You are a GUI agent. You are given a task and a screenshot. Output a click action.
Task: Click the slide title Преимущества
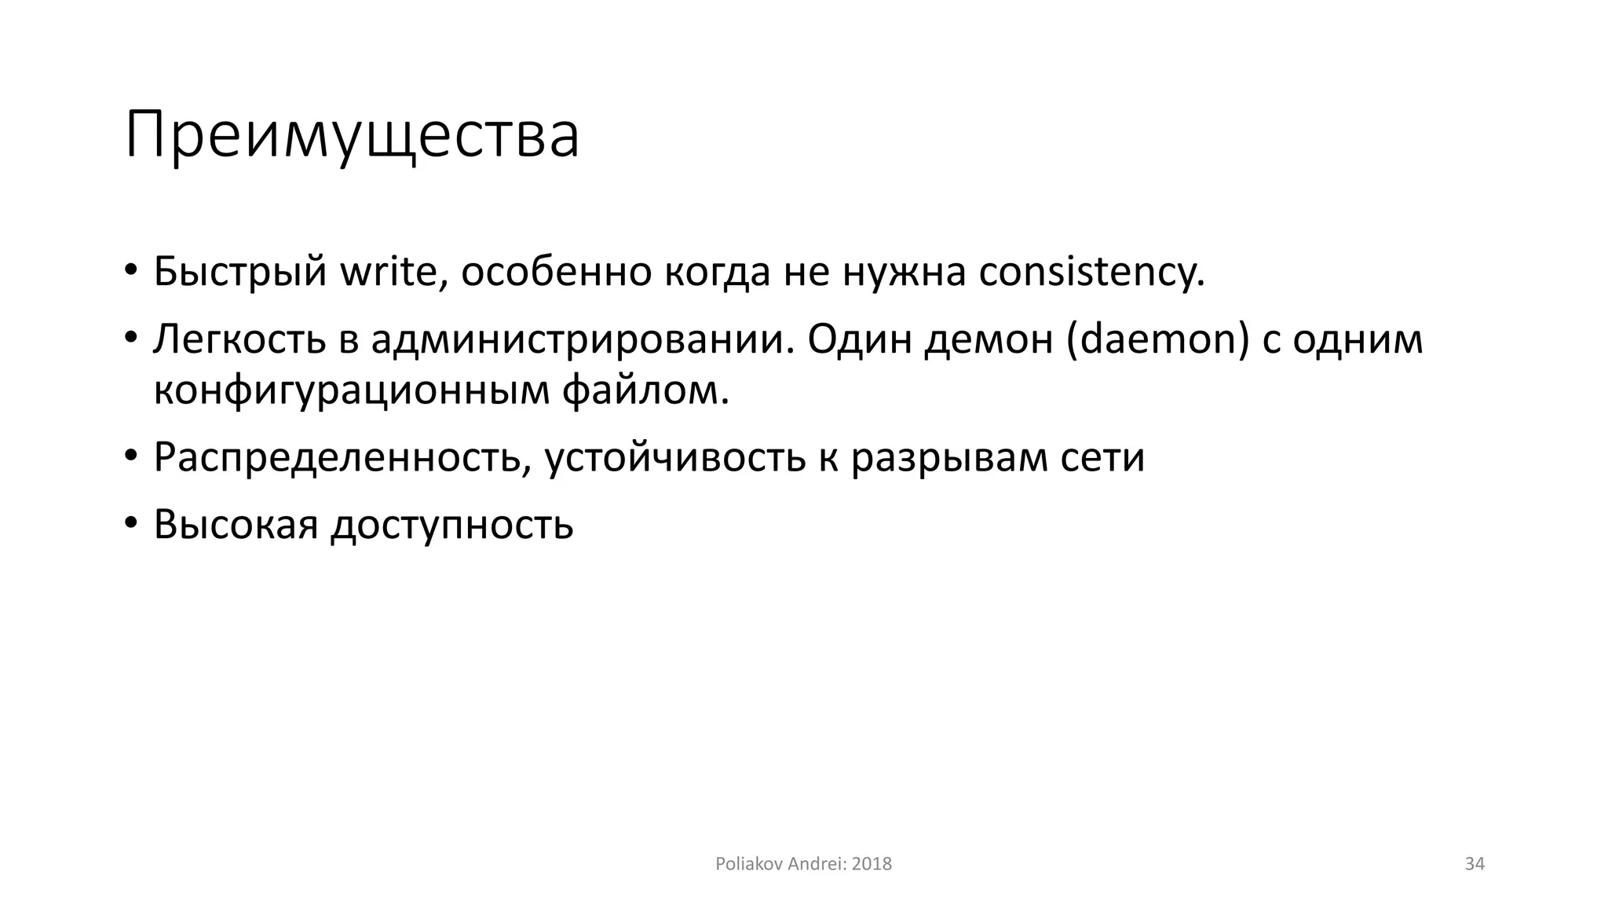tap(352, 135)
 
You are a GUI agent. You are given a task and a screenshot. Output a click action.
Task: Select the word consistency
tap(1091, 272)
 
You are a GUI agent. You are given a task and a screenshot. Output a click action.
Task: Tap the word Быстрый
tap(240, 272)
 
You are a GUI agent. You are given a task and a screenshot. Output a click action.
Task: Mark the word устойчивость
tap(675, 457)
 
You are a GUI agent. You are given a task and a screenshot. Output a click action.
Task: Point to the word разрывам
tap(949, 457)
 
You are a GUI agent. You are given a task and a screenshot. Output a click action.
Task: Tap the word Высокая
tap(236, 524)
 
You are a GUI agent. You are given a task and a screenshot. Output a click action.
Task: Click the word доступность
tap(452, 524)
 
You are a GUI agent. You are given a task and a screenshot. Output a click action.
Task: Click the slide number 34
tap(1475, 864)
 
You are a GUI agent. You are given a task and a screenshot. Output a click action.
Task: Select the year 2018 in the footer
tap(872, 864)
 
